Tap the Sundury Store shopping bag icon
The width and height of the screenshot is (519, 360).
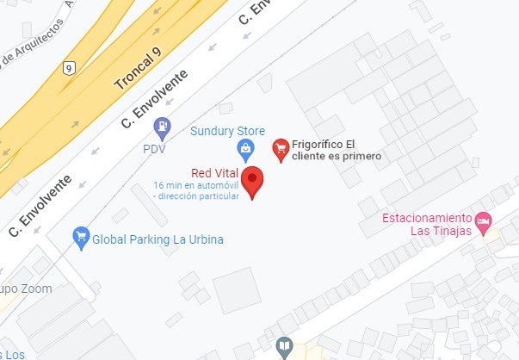coord(247,151)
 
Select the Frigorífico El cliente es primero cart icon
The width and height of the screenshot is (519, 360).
coord(280,150)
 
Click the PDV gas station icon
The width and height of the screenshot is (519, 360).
coord(162,129)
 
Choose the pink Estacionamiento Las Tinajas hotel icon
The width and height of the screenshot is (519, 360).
coord(483,221)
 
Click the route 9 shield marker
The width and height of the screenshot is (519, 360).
coord(69,68)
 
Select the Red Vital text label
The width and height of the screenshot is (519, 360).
coord(214,173)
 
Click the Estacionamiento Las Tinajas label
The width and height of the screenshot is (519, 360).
coord(429,224)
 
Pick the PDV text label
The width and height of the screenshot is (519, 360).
coord(154,149)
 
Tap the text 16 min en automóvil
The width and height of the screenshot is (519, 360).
coord(195,186)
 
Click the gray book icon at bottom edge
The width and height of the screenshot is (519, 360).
coord(283,347)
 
